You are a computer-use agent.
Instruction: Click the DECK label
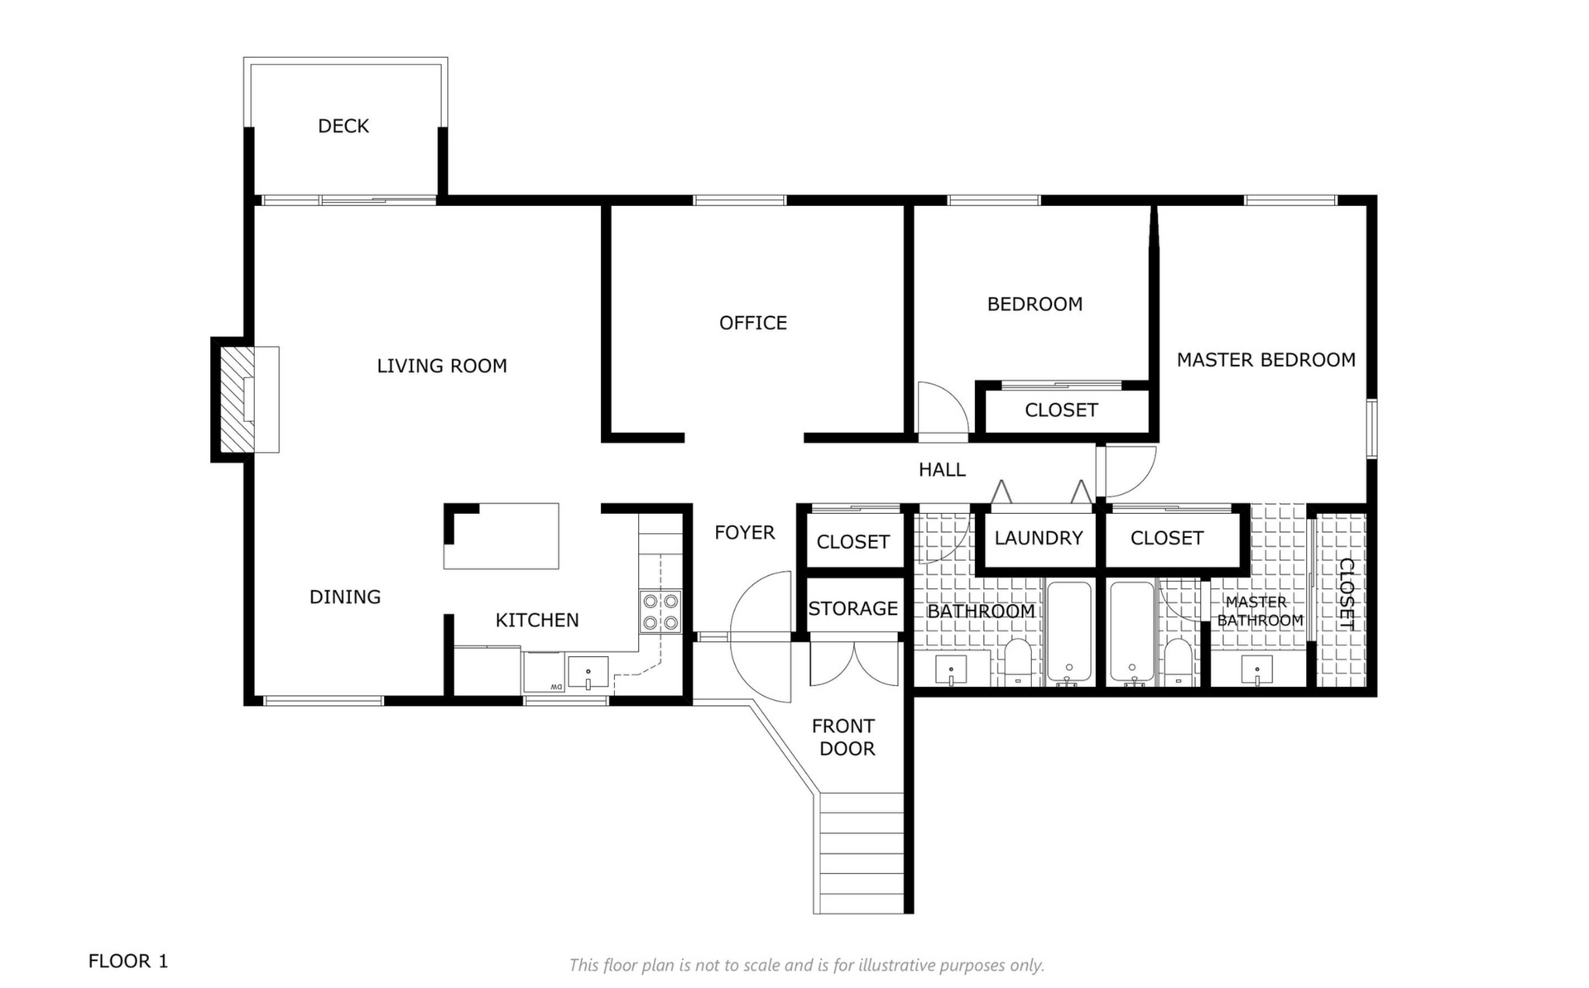[343, 126]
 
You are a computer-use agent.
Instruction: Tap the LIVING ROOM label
[442, 366]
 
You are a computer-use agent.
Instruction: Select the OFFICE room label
[753, 323]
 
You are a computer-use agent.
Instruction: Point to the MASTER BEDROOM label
[1266, 360]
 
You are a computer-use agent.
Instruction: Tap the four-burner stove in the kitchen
[660, 612]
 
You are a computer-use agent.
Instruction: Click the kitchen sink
[588, 672]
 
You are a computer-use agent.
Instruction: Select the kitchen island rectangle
[502, 535]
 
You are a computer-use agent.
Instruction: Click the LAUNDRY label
[1039, 538]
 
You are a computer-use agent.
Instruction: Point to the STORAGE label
[853, 609]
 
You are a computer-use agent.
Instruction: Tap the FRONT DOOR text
[844, 737]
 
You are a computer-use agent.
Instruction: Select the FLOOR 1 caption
[128, 961]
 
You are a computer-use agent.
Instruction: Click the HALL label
[942, 470]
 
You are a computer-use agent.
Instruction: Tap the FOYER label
[745, 533]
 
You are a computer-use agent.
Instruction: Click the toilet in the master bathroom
[1177, 662]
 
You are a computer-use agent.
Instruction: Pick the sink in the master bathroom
[1257, 670]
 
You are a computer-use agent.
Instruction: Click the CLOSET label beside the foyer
[853, 542]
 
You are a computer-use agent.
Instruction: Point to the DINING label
[345, 597]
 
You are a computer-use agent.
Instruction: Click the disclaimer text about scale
[806, 965]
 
